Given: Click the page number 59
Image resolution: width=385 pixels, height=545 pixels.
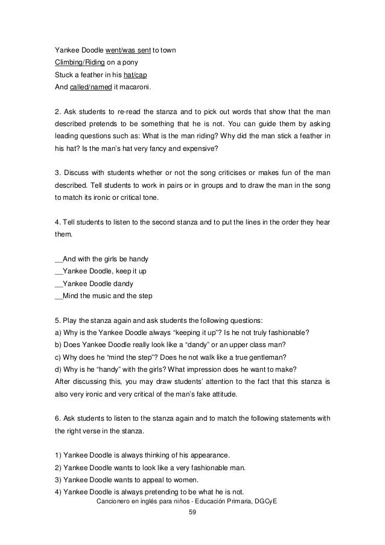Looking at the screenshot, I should [x=193, y=513].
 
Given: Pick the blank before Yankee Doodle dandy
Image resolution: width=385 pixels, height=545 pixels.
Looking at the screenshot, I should [x=58, y=284].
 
